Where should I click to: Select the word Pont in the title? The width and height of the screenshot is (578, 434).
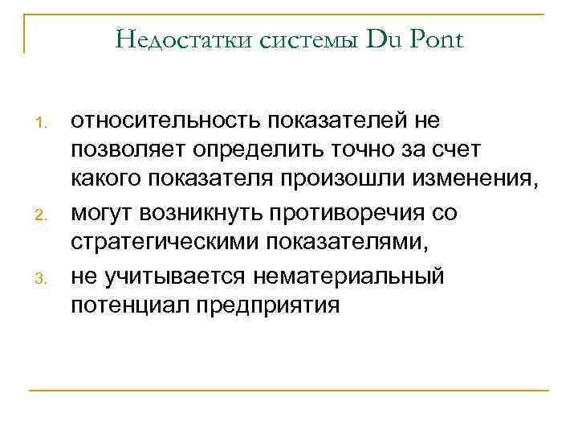point(436,39)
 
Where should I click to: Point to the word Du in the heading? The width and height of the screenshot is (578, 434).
point(385,39)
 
